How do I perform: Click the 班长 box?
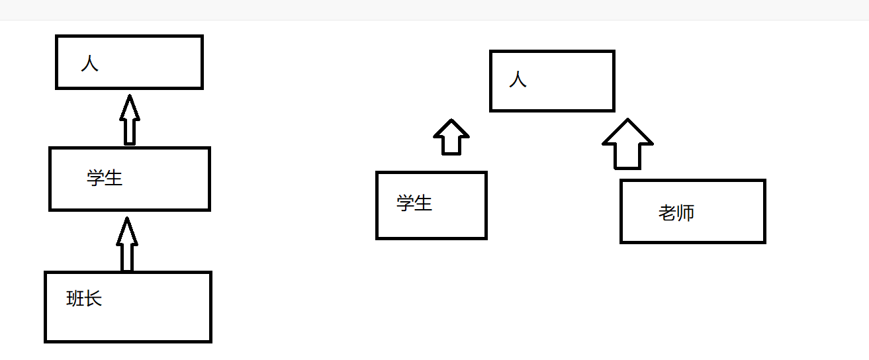point(128,306)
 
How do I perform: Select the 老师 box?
point(692,211)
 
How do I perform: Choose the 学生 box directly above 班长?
point(129,179)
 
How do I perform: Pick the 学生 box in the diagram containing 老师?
point(431,204)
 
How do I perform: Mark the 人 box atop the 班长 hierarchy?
point(129,62)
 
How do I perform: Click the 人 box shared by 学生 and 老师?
point(552,81)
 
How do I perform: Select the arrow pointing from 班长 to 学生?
point(126,245)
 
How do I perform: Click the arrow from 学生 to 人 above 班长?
point(130,120)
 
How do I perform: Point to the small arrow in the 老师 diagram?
point(451,138)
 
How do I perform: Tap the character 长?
point(93,299)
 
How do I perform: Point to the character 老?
point(667,212)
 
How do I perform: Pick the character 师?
point(686,212)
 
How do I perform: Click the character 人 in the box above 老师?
point(518,80)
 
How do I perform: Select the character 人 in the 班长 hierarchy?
point(89,64)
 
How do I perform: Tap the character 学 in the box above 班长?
point(96,177)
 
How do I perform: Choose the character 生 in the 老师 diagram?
point(424,202)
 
